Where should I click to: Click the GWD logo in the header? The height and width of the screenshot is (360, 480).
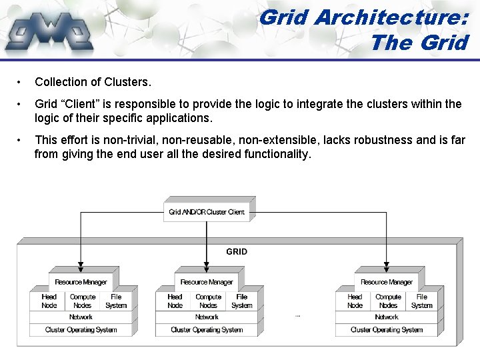click(49, 31)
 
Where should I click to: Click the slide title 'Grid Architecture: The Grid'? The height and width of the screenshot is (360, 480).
click(363, 29)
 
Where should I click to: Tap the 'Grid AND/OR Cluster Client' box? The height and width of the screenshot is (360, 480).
click(207, 212)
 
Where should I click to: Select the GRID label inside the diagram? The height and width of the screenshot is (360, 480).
click(237, 251)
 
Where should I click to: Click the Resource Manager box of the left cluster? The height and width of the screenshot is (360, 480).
click(81, 282)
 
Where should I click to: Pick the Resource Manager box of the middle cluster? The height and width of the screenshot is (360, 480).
click(207, 282)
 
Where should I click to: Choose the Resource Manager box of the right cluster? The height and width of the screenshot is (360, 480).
click(387, 282)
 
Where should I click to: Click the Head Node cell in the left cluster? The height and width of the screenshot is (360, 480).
click(49, 301)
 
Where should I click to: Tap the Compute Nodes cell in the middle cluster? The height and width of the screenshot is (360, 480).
click(208, 301)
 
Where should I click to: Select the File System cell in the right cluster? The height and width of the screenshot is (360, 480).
click(421, 301)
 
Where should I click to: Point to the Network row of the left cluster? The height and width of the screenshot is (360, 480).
click(81, 317)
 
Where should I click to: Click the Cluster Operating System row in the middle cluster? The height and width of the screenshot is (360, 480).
click(207, 329)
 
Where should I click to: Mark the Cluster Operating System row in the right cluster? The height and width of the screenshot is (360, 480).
click(387, 329)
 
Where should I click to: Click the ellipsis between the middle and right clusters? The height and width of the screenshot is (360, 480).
click(297, 317)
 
